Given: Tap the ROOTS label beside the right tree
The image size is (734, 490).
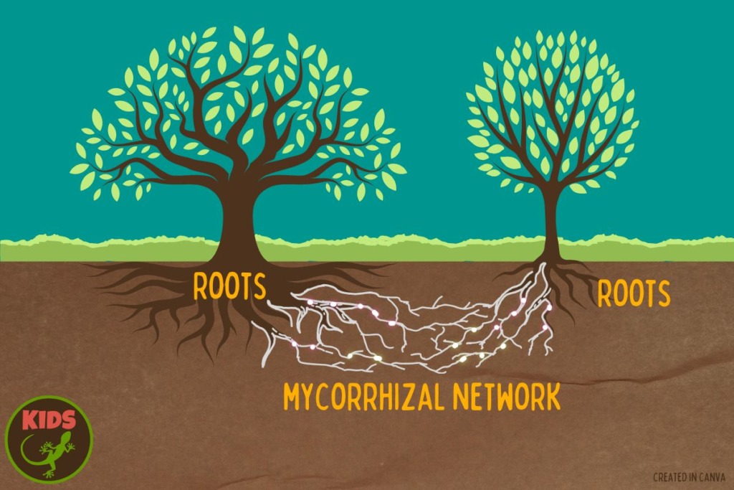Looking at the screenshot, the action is [634, 293].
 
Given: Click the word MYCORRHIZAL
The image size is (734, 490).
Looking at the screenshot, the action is [363, 397].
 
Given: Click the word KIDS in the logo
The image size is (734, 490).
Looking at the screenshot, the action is [49, 420].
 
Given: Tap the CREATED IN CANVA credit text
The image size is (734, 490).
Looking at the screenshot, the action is [689, 477].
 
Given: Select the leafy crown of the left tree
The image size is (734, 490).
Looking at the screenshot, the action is [238, 113].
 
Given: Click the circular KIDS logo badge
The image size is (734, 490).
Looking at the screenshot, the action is [49, 439].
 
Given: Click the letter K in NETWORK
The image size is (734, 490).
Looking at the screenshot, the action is [553, 397].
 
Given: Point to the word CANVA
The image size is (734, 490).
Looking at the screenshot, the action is [712, 477].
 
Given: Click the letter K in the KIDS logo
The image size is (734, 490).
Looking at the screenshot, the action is [29, 420].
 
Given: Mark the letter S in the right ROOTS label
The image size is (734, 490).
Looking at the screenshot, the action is [663, 294].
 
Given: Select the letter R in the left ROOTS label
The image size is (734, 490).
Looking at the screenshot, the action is [200, 287].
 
